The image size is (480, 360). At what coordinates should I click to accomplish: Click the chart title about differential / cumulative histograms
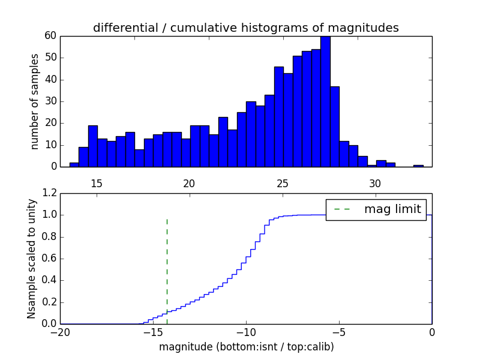[245, 28]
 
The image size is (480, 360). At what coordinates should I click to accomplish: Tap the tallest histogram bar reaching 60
[325, 102]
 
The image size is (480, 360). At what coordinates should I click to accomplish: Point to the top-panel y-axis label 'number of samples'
[35, 101]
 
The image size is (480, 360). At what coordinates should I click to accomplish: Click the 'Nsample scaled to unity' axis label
[31, 259]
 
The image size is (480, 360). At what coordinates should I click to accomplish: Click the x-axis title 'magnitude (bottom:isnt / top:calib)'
[246, 347]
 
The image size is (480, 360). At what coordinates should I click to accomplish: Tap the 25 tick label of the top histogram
[282, 184]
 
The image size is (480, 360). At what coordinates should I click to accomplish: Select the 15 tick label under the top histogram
[97, 184]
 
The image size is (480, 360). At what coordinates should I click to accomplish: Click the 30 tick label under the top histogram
[375, 184]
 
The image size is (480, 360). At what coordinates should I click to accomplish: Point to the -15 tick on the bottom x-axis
[152, 332]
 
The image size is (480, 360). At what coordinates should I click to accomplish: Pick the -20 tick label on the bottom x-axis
[60, 332]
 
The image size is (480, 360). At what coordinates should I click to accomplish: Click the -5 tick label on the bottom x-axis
[338, 332]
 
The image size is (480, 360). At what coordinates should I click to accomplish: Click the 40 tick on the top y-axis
[50, 79]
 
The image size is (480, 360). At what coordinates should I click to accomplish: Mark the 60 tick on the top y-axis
[50, 36]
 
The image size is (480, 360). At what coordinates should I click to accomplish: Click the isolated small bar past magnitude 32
[418, 166]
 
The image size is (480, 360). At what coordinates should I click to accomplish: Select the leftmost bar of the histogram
[74, 165]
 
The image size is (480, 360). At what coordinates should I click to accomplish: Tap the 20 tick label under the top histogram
[189, 184]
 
